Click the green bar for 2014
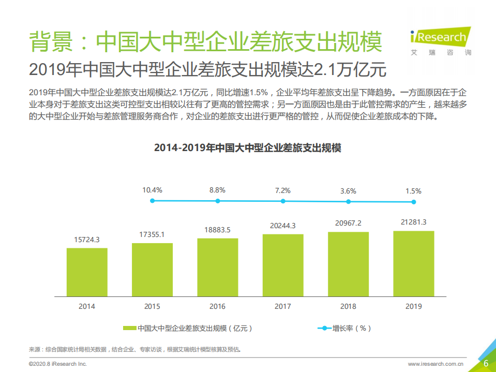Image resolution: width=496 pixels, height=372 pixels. (87, 272)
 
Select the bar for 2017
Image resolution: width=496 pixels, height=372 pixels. (283, 265)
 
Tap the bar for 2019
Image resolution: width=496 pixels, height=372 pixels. (413, 264)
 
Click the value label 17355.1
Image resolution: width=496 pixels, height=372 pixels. (152, 234)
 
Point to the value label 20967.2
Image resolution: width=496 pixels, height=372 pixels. (348, 223)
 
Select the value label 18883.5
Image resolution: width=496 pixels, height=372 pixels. (217, 230)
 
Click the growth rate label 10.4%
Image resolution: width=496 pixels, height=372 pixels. (152, 190)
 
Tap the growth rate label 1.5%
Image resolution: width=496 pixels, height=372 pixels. (413, 191)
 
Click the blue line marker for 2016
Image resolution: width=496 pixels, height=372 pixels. (217, 201)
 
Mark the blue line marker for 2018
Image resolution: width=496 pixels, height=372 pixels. (348, 201)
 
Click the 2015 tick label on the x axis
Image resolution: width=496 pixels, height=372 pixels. (152, 306)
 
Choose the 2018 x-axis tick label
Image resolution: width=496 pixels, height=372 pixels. (348, 306)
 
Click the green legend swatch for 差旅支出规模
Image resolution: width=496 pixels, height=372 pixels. (130, 328)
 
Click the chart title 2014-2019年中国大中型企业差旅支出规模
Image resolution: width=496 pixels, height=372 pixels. (248, 147)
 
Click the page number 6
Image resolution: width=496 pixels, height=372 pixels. (486, 363)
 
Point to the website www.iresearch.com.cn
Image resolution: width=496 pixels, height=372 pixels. (435, 364)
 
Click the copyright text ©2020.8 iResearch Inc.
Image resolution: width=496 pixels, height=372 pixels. (57, 364)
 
